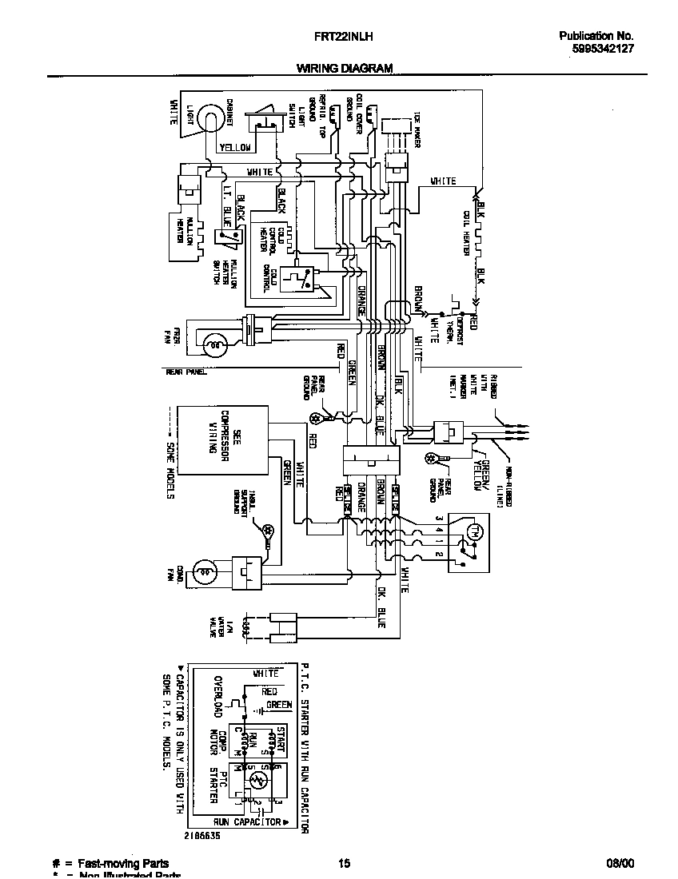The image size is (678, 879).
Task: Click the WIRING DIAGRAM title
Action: click(x=345, y=69)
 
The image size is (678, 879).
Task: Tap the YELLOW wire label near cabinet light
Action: click(x=235, y=147)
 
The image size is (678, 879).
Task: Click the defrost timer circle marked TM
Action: click(x=472, y=531)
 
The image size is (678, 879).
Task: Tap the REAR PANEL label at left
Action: click(x=186, y=372)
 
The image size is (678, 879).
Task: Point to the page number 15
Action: click(x=344, y=863)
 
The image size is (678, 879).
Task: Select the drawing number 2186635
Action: click(x=201, y=835)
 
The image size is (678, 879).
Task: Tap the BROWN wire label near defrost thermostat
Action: click(x=417, y=300)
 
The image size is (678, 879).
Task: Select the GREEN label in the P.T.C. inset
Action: click(x=279, y=705)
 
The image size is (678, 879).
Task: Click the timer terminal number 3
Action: click(x=438, y=519)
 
